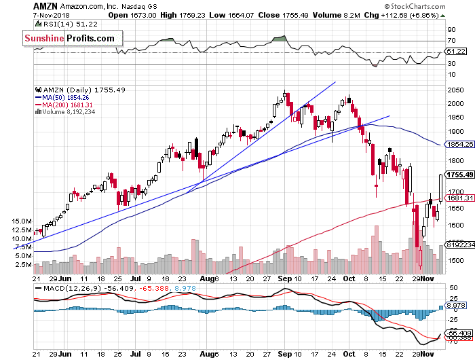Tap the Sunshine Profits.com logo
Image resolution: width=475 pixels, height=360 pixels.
(69, 39)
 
